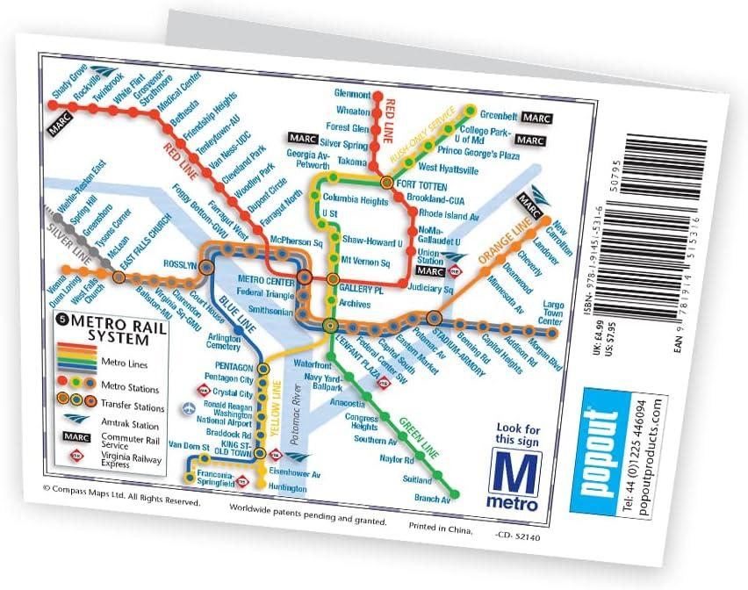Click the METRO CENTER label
[x=264, y=279]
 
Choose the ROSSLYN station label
[x=179, y=265]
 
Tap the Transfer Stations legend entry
[x=133, y=407]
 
